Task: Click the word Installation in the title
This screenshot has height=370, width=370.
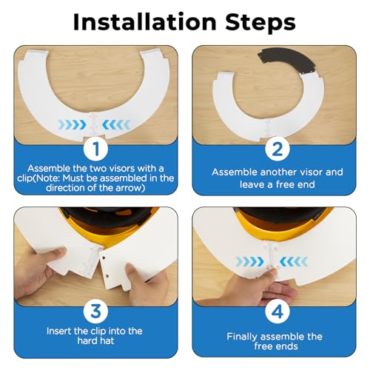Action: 145,21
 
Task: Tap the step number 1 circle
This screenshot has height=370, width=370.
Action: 95,149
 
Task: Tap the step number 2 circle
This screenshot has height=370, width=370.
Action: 277,149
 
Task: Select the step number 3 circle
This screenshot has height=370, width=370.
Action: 95,312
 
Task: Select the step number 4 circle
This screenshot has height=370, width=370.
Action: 277,312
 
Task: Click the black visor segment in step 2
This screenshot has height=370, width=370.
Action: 287,60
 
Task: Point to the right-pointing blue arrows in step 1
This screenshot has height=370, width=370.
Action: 72,125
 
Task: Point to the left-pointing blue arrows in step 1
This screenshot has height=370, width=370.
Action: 116,125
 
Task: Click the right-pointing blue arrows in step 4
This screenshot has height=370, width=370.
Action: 250,262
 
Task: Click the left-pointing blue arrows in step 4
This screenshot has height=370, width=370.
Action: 294,262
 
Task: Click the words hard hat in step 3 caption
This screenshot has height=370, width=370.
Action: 95,341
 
